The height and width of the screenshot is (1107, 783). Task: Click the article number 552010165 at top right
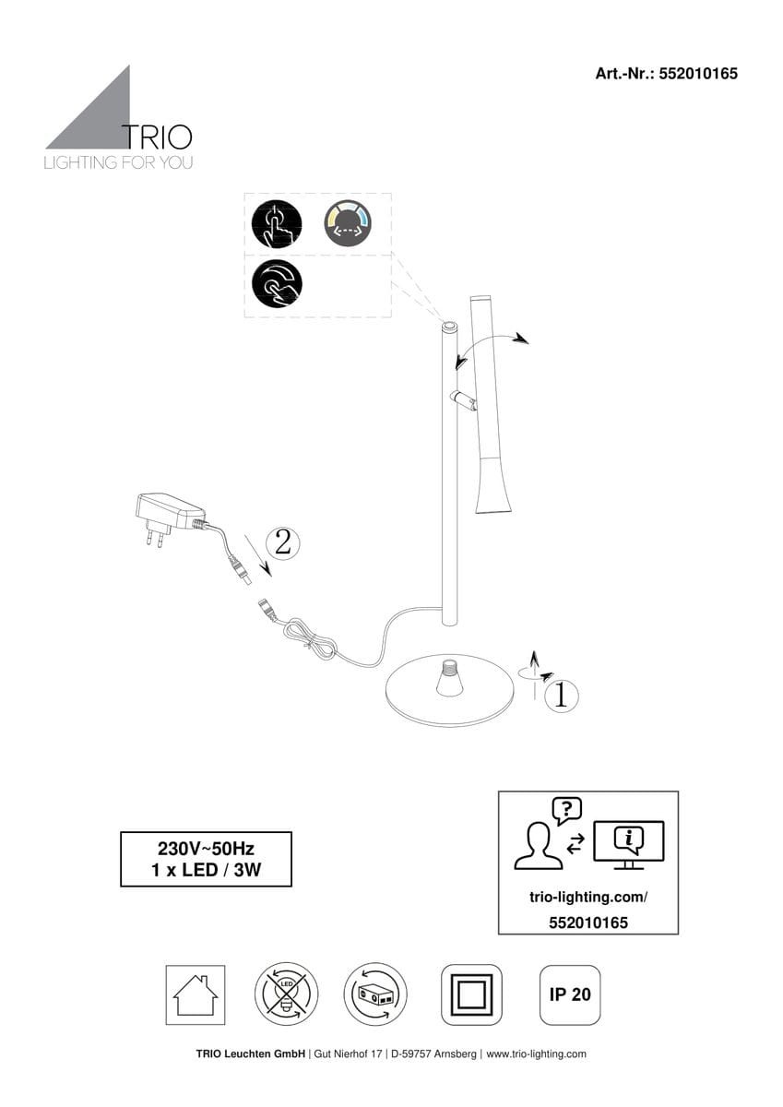(698, 74)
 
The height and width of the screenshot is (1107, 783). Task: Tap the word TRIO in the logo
(157, 137)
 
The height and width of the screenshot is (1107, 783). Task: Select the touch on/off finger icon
(277, 224)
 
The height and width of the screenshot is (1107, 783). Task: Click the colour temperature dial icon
(348, 223)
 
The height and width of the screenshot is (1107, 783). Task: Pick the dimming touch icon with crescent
(277, 283)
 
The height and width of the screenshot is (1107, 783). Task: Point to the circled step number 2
(282, 543)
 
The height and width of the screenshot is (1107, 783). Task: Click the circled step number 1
(561, 696)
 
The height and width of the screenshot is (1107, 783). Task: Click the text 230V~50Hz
(206, 849)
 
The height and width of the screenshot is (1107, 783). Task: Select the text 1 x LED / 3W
(206, 870)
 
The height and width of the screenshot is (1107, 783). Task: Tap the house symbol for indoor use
(196, 994)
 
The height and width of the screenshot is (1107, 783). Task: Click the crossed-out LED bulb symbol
(287, 994)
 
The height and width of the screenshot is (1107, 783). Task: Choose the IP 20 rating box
(570, 994)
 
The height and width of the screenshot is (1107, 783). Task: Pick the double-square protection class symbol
(472, 994)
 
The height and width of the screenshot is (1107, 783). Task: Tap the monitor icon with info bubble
(629, 845)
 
